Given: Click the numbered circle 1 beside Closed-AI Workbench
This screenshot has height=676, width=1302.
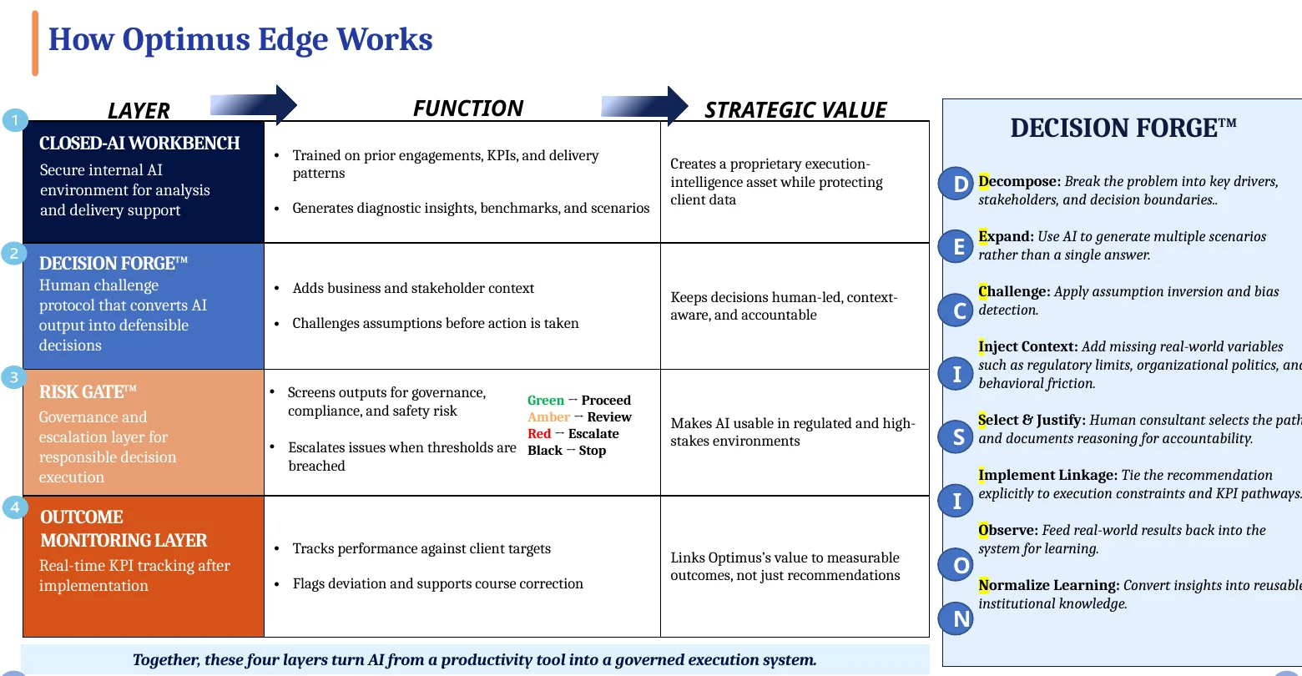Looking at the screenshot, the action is (x=14, y=120).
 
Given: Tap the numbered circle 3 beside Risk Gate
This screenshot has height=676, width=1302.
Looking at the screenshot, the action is (x=14, y=377).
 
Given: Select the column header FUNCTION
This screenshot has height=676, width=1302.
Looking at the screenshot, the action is (x=468, y=108).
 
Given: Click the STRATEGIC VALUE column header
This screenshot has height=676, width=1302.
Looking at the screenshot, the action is (x=795, y=110).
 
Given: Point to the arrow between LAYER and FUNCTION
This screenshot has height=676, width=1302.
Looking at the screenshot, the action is (x=254, y=104).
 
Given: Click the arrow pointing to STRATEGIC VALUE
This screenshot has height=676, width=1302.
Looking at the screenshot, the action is (x=644, y=106).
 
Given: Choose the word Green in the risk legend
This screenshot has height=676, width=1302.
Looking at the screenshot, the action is (x=546, y=400).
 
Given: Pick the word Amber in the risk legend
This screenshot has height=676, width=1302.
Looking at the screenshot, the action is (x=548, y=416).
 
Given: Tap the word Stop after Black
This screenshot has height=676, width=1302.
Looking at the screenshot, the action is (x=593, y=451).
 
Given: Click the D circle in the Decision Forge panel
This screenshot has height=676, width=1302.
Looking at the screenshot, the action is (x=956, y=184).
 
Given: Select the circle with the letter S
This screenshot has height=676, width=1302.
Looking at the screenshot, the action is (x=956, y=436).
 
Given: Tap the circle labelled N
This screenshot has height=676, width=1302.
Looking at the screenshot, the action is (x=956, y=618).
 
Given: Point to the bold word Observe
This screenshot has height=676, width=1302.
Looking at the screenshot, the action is (x=1008, y=530).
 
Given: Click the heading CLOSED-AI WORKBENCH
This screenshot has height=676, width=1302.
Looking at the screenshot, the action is (x=139, y=143).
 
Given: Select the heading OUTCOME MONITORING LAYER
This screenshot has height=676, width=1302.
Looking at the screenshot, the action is (x=124, y=528).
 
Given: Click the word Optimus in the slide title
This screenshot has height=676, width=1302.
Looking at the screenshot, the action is (x=185, y=39).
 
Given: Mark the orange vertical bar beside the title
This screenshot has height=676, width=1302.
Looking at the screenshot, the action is (x=35, y=43).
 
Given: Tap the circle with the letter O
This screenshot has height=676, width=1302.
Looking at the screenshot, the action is (x=956, y=565).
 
